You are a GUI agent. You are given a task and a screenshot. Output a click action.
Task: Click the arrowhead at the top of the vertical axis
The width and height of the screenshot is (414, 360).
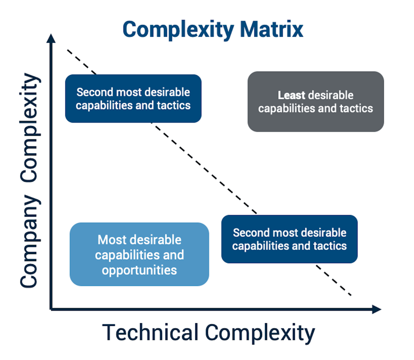[x=52, y=39]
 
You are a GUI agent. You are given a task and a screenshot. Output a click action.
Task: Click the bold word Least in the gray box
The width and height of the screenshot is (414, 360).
[x=291, y=95]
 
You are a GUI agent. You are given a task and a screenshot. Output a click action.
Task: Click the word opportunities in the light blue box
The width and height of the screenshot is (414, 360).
[x=139, y=270]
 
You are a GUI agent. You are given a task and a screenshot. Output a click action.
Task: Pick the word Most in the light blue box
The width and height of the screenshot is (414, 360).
[x=112, y=240]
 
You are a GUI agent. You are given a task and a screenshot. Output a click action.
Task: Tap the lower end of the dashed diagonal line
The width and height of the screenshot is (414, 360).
[x=352, y=296]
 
